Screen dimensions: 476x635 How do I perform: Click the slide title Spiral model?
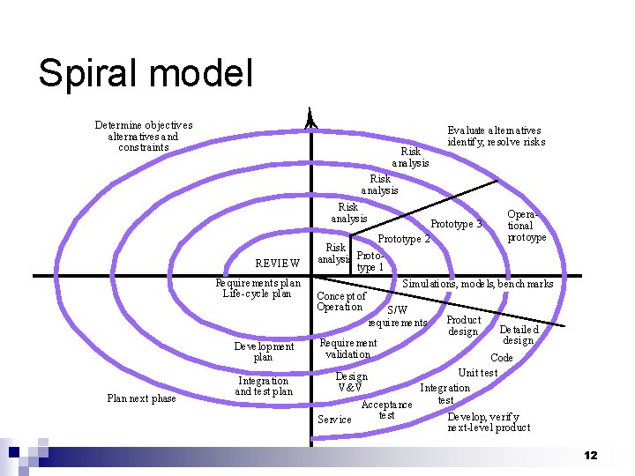(x=146, y=73)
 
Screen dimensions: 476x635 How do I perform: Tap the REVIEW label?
(x=277, y=263)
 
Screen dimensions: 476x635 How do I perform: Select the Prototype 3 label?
(x=456, y=224)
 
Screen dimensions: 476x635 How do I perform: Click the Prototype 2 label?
(x=403, y=239)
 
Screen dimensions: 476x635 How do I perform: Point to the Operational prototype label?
(x=527, y=226)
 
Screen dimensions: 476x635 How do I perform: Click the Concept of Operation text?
(x=340, y=301)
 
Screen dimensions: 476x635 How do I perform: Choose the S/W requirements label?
(x=398, y=316)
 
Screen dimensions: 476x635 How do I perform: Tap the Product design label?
(x=463, y=326)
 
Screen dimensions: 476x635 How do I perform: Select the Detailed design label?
(x=518, y=335)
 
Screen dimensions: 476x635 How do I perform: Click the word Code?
(x=501, y=358)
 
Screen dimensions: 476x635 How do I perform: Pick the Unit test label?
(x=478, y=373)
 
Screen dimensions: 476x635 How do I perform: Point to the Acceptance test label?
(x=386, y=410)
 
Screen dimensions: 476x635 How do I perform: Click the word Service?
(x=334, y=420)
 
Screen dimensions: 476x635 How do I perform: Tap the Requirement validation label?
(x=347, y=348)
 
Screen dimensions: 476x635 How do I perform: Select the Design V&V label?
(x=351, y=382)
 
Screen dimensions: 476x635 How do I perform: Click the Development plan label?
(x=264, y=352)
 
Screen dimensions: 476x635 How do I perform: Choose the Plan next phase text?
(x=141, y=398)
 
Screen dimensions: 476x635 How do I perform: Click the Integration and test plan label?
(x=264, y=386)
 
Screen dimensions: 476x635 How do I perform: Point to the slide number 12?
(x=590, y=455)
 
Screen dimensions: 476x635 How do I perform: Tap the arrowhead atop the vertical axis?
(x=310, y=120)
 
